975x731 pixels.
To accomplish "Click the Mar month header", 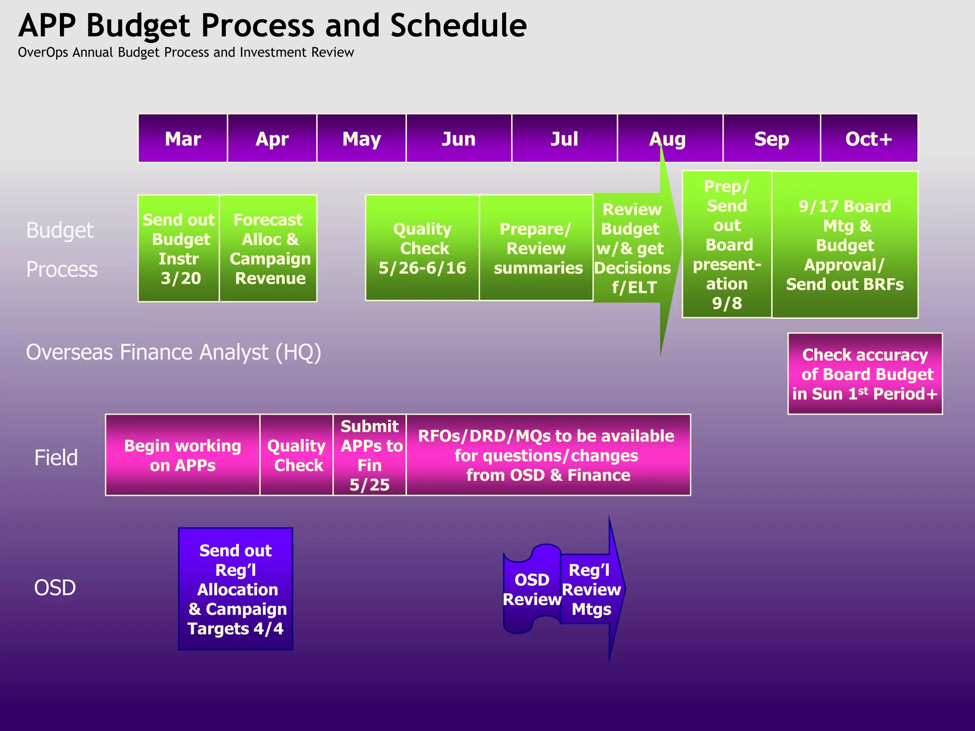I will [183, 139].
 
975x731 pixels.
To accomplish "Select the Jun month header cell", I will [458, 139].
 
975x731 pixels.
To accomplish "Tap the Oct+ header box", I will [869, 139].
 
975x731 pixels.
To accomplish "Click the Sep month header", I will [771, 139].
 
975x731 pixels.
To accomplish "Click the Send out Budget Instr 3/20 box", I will [179, 248].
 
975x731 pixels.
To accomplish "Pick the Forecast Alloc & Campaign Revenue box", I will [269, 248].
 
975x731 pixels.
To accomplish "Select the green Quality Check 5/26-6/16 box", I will [422, 248].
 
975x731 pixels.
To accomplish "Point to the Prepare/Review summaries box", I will [537, 248].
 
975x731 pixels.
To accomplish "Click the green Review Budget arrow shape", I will [632, 248].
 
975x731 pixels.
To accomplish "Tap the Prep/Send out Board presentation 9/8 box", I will [726, 244].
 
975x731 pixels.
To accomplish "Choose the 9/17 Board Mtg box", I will [845, 245].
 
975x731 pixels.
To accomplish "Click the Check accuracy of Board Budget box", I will [865, 374].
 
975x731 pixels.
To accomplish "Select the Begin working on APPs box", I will [183, 455].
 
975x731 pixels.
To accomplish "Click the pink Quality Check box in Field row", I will [297, 455].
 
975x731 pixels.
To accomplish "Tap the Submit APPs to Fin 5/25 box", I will [369, 455].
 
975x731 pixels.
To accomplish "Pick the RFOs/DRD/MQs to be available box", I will [547, 455].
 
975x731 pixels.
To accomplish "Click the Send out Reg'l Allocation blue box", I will [236, 589].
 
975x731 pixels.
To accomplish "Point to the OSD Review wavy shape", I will [531, 589].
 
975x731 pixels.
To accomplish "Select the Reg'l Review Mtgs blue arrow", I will [592, 589].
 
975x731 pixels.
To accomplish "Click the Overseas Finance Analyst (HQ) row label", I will [174, 353].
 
